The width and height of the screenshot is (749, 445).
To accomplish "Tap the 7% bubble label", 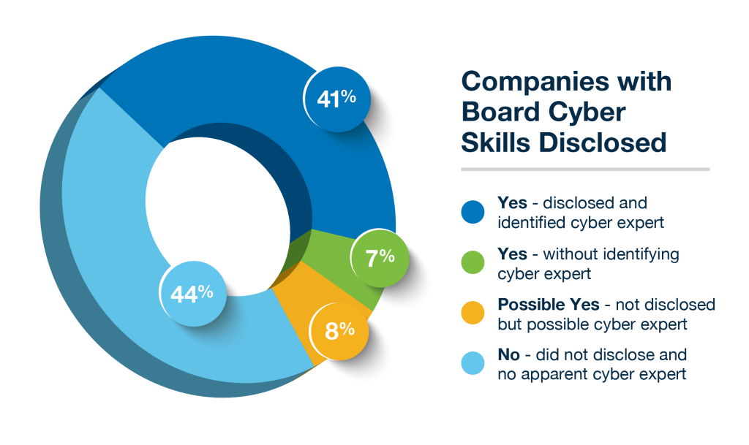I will pos(380,257).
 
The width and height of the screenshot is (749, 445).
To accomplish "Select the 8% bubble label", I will pos(339,330).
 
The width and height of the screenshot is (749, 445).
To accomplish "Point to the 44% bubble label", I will pos(192,294).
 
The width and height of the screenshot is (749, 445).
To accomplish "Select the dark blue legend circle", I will pos(473,211).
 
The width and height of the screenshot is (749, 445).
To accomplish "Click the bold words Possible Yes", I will pos(538,304).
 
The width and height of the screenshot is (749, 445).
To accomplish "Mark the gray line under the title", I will pos(584,170).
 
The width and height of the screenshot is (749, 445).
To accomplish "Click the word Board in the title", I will pos(499,112).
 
